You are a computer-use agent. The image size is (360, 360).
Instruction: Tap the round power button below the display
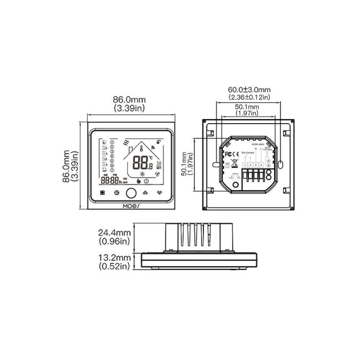click(131, 193)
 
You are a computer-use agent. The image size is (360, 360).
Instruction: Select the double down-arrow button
click(159, 193)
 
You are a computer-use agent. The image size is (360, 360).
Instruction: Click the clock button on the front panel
click(117, 193)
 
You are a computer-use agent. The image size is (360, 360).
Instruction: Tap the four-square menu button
click(103, 193)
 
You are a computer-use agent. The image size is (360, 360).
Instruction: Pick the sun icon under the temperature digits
click(141, 174)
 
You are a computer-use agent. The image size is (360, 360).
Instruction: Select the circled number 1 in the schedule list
click(112, 142)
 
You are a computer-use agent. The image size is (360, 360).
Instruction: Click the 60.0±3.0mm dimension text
click(249, 90)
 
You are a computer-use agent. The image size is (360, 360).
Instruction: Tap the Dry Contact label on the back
click(248, 153)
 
